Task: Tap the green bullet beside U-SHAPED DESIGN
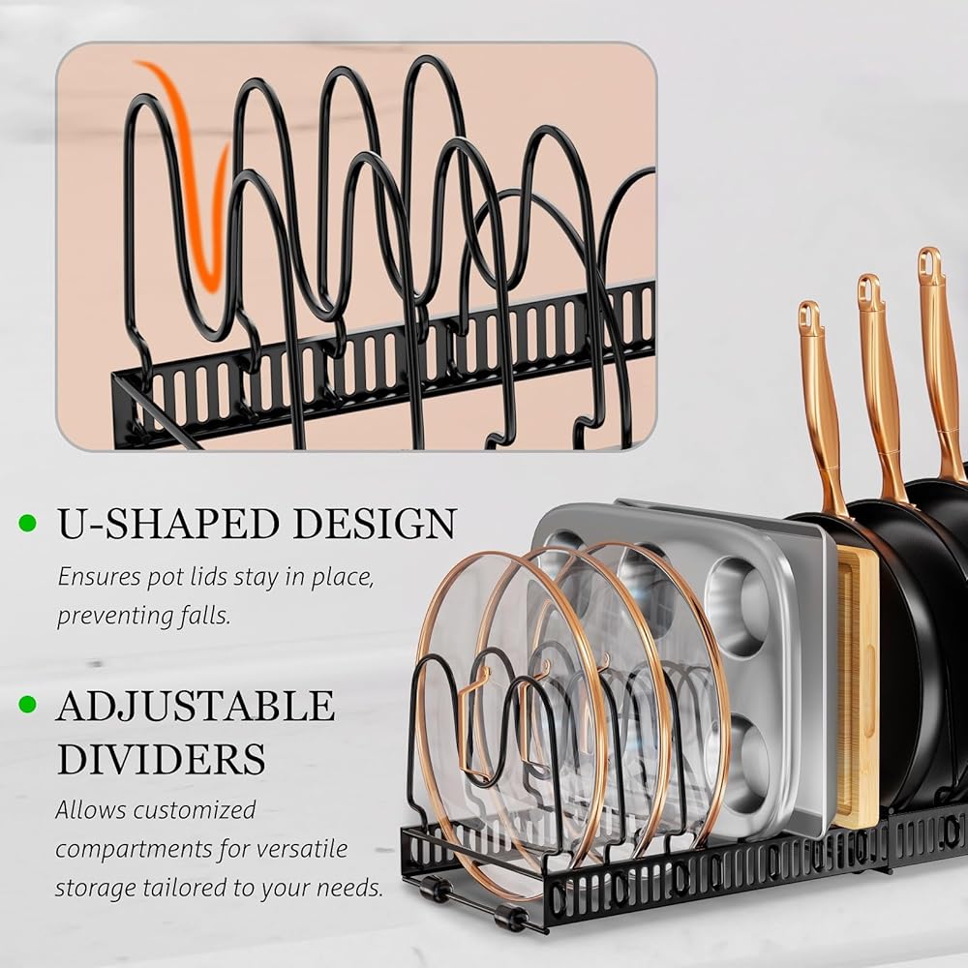click(28, 524)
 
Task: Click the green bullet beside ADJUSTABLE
click(28, 705)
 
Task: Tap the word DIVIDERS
click(161, 759)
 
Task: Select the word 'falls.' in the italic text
click(203, 616)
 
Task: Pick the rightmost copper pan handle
click(939, 358)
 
